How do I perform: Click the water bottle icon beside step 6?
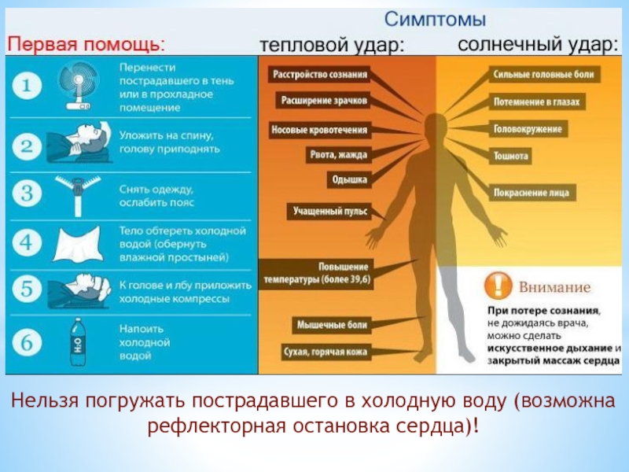79,341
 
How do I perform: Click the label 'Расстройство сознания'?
319,75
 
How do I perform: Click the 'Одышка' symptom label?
348,180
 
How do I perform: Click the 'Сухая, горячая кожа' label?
326,352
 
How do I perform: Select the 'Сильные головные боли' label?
544,75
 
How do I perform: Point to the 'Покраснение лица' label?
533,192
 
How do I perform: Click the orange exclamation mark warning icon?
497,284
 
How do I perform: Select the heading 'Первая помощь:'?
86,43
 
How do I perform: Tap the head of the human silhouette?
432,125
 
